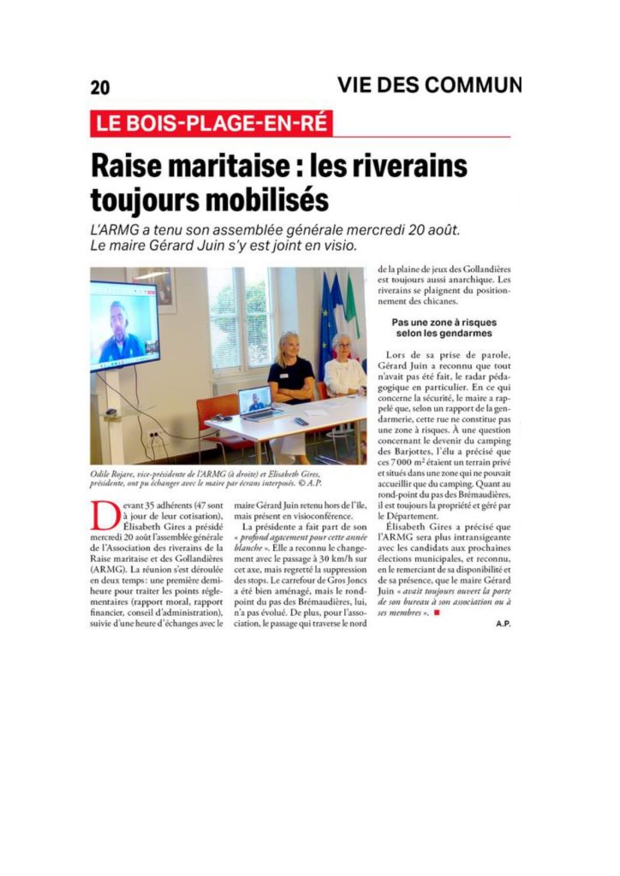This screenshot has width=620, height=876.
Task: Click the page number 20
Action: coord(100,87)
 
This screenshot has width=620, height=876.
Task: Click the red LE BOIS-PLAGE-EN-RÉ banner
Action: coord(212,123)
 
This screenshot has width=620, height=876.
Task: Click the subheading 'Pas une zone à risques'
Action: coord(444,323)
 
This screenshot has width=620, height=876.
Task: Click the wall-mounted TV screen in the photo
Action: coord(124,326)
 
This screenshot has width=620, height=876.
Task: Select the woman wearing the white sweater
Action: coord(343,368)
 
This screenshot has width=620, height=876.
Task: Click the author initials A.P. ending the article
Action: coord(503,624)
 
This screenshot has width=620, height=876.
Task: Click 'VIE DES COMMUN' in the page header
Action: coord(429,86)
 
